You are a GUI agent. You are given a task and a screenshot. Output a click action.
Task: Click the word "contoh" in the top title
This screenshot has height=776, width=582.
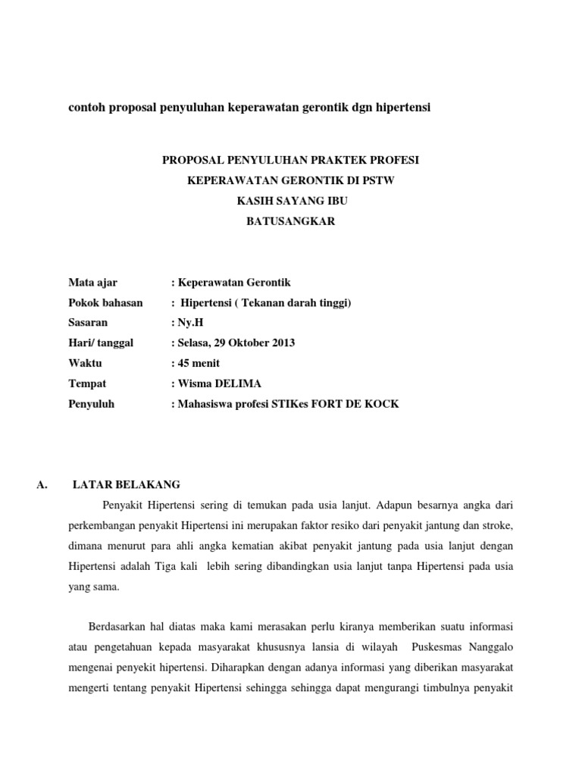(x=87, y=108)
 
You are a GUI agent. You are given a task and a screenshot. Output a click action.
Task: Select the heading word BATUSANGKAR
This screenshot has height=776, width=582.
(x=290, y=221)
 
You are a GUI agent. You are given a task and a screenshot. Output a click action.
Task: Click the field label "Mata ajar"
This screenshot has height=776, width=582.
(x=92, y=282)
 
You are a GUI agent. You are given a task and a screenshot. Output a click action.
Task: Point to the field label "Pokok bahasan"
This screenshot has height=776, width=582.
(x=105, y=302)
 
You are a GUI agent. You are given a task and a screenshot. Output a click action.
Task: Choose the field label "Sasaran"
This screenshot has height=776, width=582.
(x=87, y=322)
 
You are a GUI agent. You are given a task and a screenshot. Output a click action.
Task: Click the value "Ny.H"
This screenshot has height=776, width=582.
(x=189, y=322)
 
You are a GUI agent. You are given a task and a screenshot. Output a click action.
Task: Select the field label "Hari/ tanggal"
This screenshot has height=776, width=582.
(x=101, y=343)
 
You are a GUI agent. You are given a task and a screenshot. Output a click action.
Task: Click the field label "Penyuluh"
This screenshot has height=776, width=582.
(x=91, y=404)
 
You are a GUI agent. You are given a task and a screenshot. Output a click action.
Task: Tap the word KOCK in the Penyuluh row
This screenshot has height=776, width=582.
(x=383, y=404)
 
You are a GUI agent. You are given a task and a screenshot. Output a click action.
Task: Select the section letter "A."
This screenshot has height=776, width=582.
(x=42, y=484)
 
